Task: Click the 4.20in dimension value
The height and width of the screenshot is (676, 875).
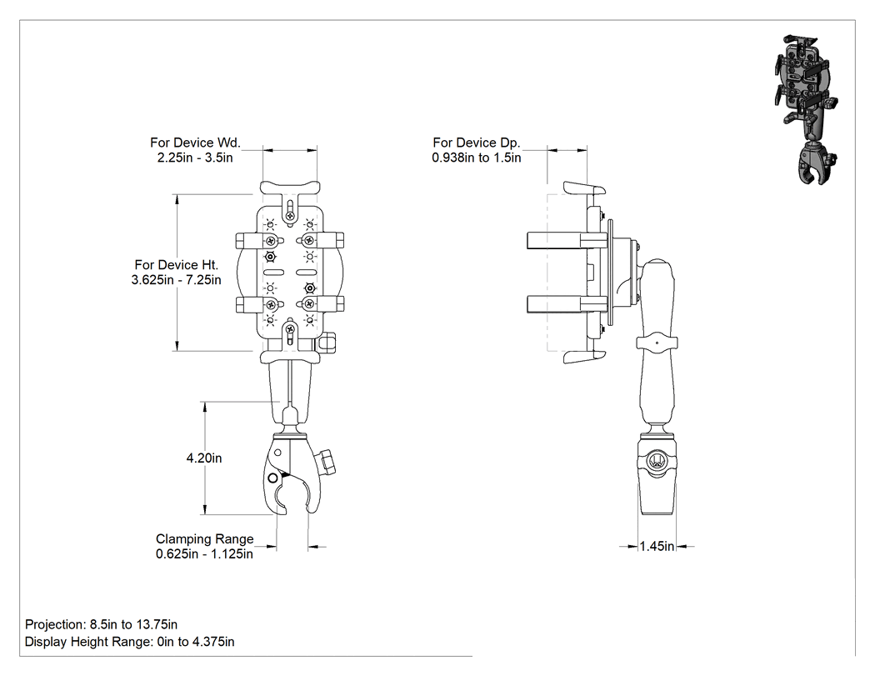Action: [x=203, y=458]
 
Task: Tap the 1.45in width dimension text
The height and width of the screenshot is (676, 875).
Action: [x=657, y=546]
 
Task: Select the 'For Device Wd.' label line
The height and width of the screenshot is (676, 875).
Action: [x=195, y=143]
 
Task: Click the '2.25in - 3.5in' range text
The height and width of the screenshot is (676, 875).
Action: [x=195, y=158]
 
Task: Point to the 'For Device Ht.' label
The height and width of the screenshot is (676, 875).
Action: [x=177, y=265]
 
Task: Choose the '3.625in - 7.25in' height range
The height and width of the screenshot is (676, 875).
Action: [x=177, y=280]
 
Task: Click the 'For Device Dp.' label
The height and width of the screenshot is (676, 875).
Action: [x=476, y=143]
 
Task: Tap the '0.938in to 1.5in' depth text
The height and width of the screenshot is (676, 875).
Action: [x=477, y=158]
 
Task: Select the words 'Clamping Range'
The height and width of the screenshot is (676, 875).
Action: [x=205, y=539]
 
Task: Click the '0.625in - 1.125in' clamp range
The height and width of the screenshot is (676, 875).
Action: [x=204, y=554]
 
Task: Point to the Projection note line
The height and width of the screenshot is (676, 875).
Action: [x=101, y=624]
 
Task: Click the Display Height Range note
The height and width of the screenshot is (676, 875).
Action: [x=129, y=642]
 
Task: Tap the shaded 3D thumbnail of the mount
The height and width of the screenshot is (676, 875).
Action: [x=807, y=109]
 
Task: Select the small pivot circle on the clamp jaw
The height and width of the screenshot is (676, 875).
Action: [x=272, y=478]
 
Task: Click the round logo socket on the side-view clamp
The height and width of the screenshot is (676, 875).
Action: [x=657, y=463]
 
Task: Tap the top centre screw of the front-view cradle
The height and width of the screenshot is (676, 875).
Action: [x=290, y=216]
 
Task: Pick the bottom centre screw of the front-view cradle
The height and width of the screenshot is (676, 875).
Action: [x=290, y=330]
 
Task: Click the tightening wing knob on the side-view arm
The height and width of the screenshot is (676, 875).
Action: [x=657, y=343]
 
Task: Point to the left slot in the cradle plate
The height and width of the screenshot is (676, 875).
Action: [x=274, y=273]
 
